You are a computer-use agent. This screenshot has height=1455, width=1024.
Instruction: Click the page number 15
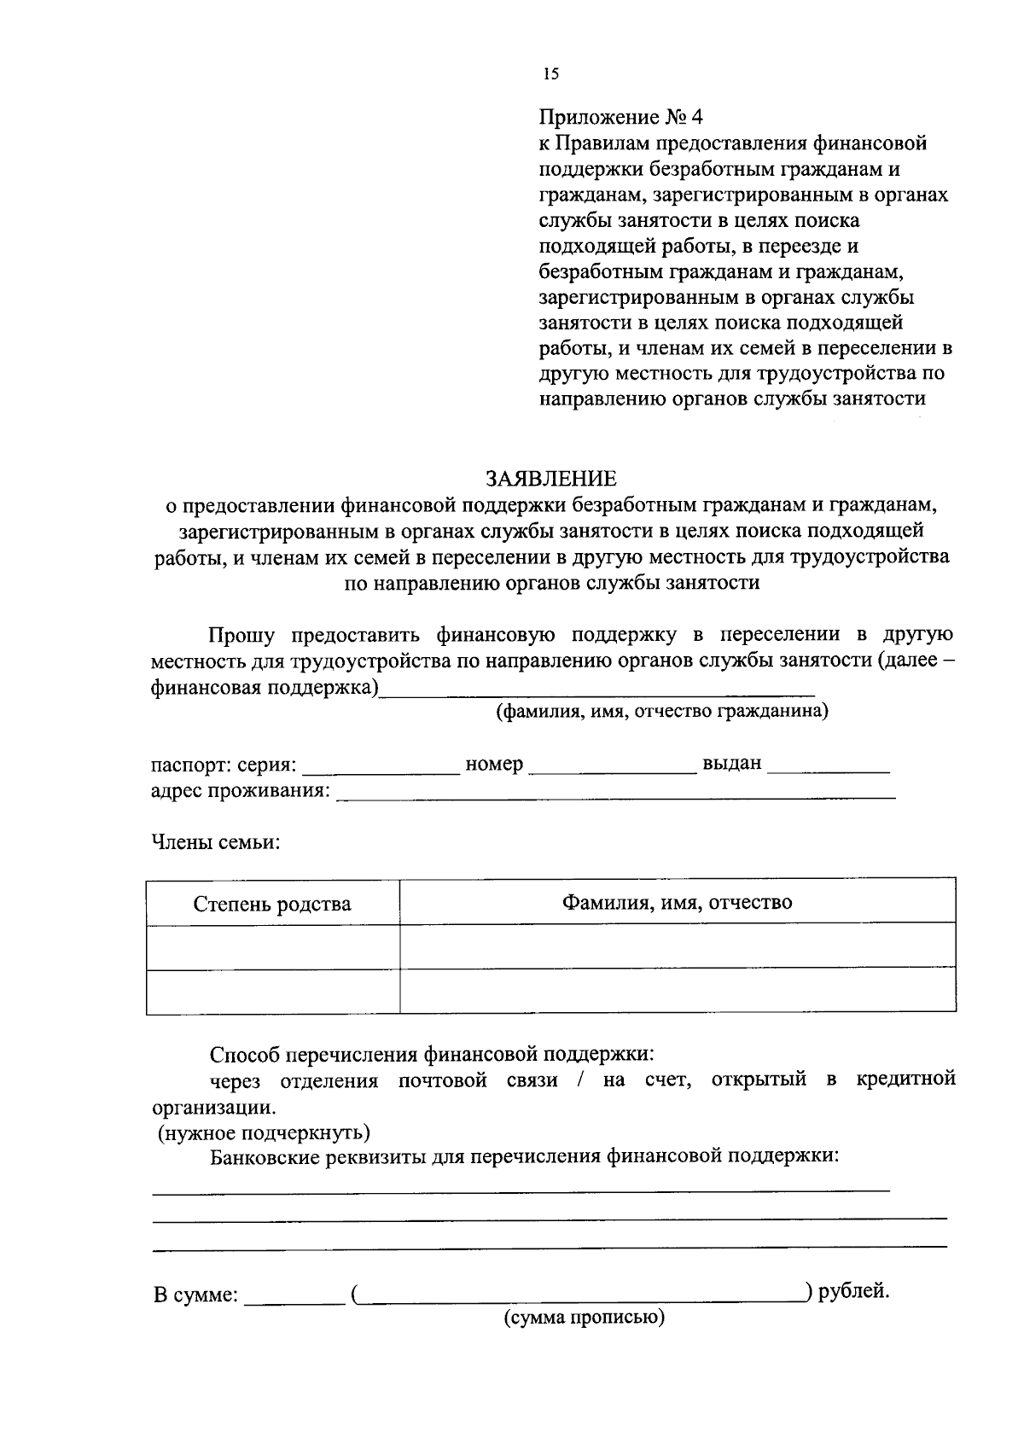[x=550, y=74]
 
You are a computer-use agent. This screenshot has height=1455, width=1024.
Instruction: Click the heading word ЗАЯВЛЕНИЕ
[x=550, y=478]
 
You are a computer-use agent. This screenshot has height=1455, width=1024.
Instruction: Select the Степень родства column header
[x=272, y=904]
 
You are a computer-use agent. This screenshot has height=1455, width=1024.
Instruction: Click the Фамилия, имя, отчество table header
[x=677, y=902]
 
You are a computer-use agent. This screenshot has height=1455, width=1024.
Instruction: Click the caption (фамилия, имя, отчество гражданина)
[x=663, y=711]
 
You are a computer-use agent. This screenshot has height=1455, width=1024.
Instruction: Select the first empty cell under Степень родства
[x=272, y=947]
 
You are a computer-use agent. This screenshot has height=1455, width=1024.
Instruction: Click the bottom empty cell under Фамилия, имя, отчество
[x=677, y=991]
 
